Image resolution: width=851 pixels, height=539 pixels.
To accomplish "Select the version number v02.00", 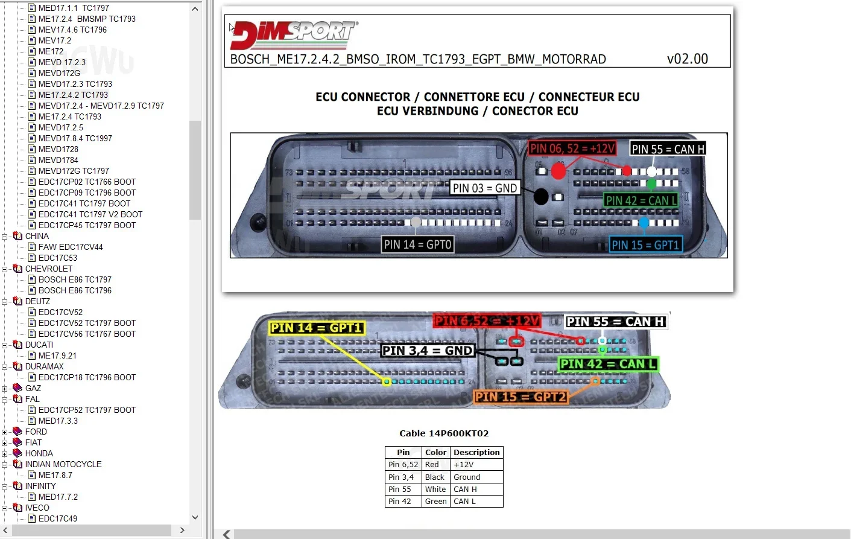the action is pyautogui.click(x=687, y=59).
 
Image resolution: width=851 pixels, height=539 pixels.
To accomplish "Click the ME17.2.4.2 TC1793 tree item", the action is pyautogui.click(x=73, y=95).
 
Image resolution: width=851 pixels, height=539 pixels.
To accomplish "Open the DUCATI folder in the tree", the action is pyautogui.click(x=39, y=345).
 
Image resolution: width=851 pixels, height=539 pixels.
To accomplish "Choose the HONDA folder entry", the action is pyautogui.click(x=39, y=453).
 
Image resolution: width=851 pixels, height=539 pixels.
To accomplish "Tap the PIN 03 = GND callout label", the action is pyautogui.click(x=484, y=188).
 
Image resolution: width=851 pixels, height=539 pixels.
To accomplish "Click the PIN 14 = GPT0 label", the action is pyautogui.click(x=417, y=244).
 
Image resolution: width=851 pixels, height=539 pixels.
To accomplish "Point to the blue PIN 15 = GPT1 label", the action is pyautogui.click(x=645, y=244).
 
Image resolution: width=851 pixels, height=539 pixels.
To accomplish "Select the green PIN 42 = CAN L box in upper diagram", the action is pyautogui.click(x=641, y=200).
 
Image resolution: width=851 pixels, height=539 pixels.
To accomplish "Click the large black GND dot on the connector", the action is pyautogui.click(x=541, y=196).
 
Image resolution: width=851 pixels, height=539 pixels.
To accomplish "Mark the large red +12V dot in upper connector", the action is pyautogui.click(x=558, y=171).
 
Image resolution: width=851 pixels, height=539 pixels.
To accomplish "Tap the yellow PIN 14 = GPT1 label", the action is pyautogui.click(x=316, y=328).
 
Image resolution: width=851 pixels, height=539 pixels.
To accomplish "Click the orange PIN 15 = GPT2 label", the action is pyautogui.click(x=520, y=397).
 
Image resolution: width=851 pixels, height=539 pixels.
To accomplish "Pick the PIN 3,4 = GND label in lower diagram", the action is pyautogui.click(x=427, y=351).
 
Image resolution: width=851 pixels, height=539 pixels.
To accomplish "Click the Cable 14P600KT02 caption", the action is pyautogui.click(x=444, y=433).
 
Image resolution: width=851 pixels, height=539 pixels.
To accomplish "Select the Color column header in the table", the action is pyautogui.click(x=435, y=452).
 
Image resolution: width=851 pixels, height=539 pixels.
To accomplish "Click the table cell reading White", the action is pyautogui.click(x=435, y=490).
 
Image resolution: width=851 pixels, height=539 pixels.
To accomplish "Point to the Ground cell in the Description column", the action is pyautogui.click(x=467, y=477).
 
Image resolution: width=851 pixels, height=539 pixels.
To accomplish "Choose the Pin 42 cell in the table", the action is pyautogui.click(x=399, y=502).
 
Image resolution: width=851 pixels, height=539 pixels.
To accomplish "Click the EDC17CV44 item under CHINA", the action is pyautogui.click(x=71, y=247).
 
